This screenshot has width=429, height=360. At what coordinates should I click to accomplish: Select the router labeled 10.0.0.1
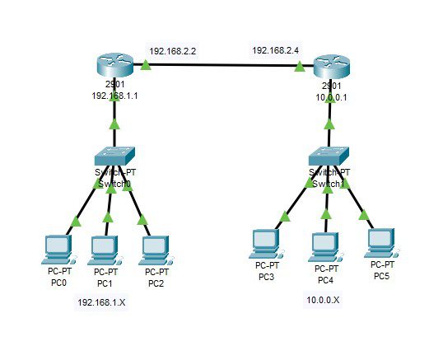click(x=330, y=67)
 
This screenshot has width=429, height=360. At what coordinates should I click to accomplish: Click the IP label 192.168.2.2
click(x=174, y=50)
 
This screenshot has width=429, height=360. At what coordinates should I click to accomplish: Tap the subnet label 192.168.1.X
click(x=102, y=303)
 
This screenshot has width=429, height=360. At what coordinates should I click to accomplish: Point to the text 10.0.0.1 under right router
click(x=330, y=96)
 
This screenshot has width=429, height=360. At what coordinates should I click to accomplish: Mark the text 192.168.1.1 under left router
click(x=114, y=96)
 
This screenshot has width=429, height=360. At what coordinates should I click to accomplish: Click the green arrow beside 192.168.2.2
click(x=146, y=65)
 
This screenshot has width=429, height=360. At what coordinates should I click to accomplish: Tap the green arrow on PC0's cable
click(x=77, y=221)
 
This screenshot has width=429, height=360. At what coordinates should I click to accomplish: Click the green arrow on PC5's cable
click(x=362, y=217)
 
